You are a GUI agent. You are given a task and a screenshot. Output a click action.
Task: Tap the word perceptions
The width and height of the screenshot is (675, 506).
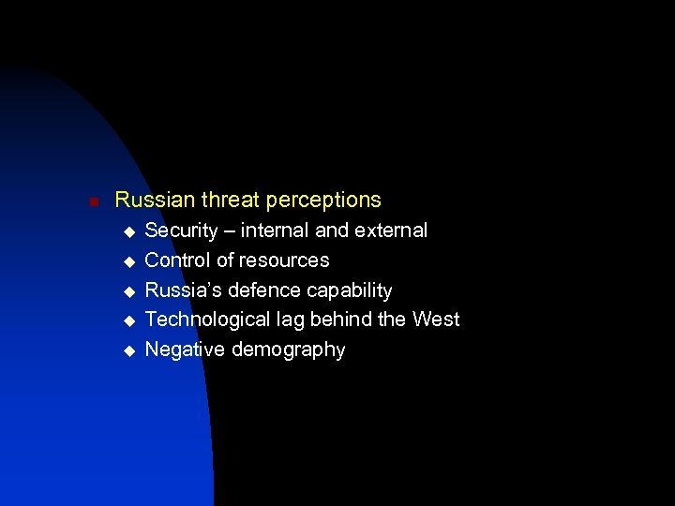pos(323,201)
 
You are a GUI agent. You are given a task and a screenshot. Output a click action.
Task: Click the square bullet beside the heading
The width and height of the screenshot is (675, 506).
pos(82,201)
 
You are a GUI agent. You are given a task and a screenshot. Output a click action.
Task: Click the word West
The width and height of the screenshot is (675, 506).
pos(436,320)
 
